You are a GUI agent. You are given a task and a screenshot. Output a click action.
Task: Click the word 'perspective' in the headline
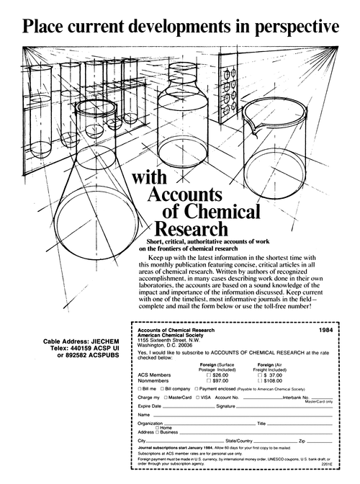pyautogui.click(x=287, y=27)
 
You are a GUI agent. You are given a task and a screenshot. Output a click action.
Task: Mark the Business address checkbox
pyautogui.click(x=158, y=431)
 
